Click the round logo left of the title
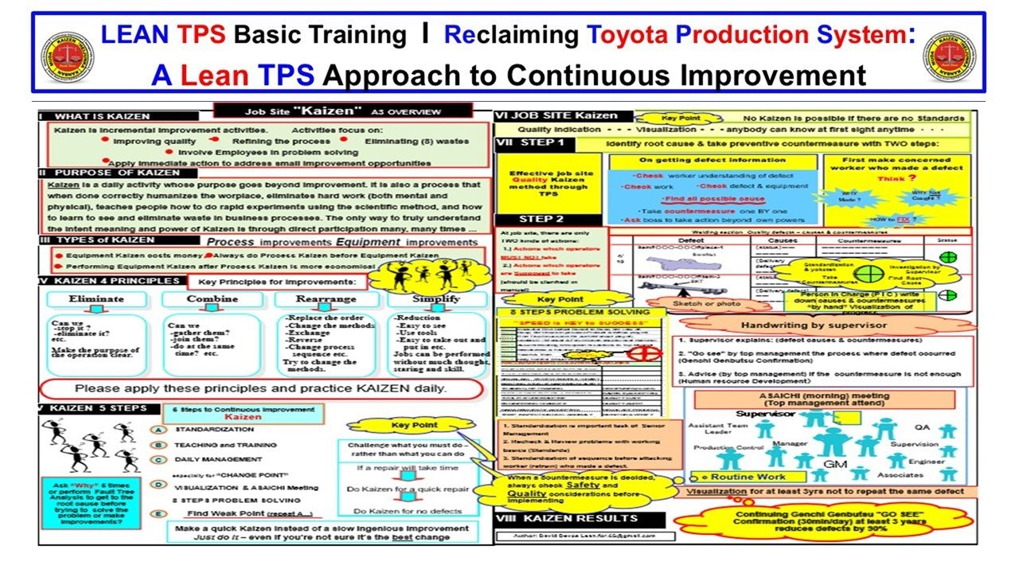point(68,57)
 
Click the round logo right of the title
point(950,57)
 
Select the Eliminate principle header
point(96,299)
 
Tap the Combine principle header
point(212,299)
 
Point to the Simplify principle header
point(436,299)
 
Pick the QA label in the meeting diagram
point(921,426)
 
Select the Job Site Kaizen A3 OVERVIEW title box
point(342,111)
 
